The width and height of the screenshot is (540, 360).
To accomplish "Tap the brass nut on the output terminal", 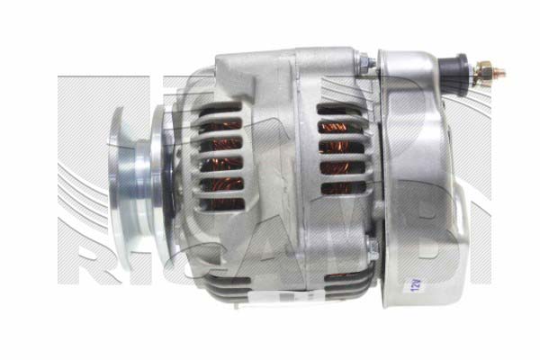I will click(x=484, y=69).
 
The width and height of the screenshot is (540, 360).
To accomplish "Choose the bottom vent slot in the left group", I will click(x=220, y=200).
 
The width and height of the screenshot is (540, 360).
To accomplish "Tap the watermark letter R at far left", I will click(x=86, y=261).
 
